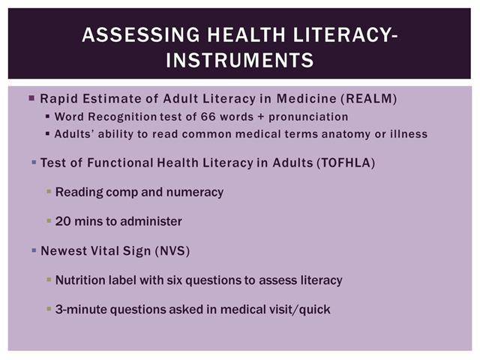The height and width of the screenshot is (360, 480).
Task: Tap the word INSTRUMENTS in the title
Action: (240, 60)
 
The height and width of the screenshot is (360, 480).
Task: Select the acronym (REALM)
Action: (369, 99)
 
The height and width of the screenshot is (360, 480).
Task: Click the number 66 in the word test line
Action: (208, 117)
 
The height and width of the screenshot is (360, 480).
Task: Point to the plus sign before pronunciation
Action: (261, 117)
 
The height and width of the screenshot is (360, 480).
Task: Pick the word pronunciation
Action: (308, 117)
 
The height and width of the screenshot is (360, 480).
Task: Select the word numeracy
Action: (195, 192)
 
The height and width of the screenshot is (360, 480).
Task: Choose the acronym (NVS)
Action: (172, 251)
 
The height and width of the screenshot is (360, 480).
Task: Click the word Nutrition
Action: (78, 280)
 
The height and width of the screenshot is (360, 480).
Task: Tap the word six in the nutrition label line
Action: (174, 280)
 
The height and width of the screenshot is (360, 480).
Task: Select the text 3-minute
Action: (81, 310)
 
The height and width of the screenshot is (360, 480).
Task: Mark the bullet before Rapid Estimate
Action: (31, 98)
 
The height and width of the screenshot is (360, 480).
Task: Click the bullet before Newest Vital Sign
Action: (34, 250)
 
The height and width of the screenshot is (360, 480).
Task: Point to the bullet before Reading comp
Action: (49, 192)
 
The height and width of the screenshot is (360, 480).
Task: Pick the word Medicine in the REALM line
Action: (307, 99)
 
